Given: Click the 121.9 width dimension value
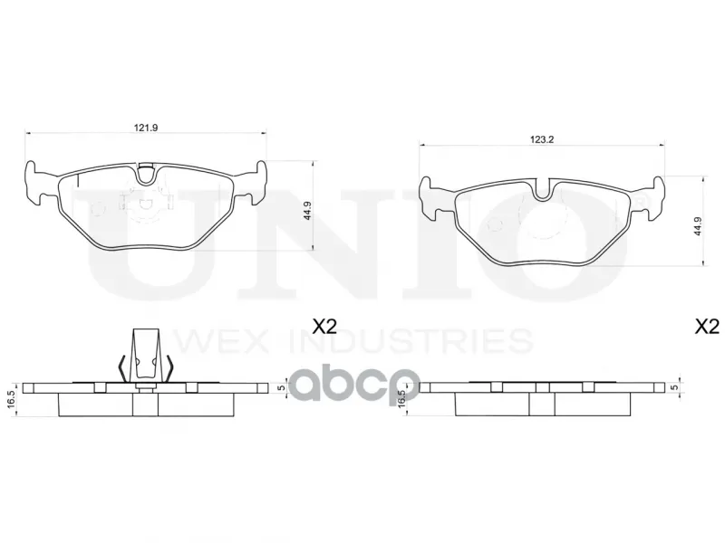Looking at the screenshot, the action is pyautogui.click(x=146, y=128).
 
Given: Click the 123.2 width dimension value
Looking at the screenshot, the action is pyautogui.click(x=542, y=139).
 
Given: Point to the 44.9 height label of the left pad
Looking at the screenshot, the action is pyautogui.click(x=308, y=211).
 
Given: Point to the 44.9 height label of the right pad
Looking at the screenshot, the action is pyautogui.click(x=699, y=226).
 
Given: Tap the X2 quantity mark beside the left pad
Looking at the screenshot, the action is pyautogui.click(x=324, y=327).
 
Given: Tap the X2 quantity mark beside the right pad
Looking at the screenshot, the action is pyautogui.click(x=708, y=327).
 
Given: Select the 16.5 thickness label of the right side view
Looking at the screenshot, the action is pyautogui.click(x=401, y=397).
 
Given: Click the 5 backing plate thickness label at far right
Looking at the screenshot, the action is pyautogui.click(x=676, y=387).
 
